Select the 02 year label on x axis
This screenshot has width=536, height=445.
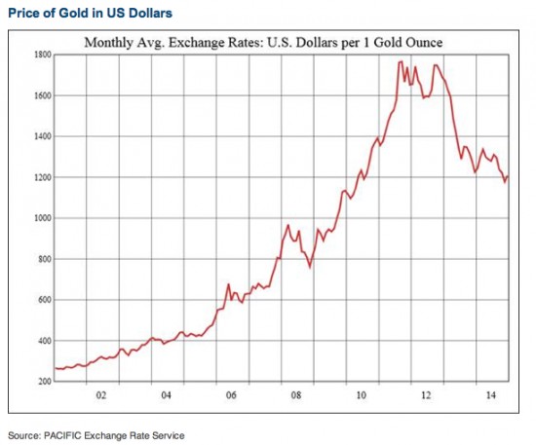coord(99,396)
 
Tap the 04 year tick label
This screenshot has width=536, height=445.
coord(166,396)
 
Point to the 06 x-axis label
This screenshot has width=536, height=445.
coord(231,396)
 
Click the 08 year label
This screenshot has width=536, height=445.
coord(296,396)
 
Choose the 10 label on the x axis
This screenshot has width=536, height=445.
coord(362,396)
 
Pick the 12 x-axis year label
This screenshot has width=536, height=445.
coord(427,396)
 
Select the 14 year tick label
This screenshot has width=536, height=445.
coord(492,396)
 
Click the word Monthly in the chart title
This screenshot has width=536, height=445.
coord(108,43)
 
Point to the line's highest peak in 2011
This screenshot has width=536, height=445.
coord(401,62)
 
